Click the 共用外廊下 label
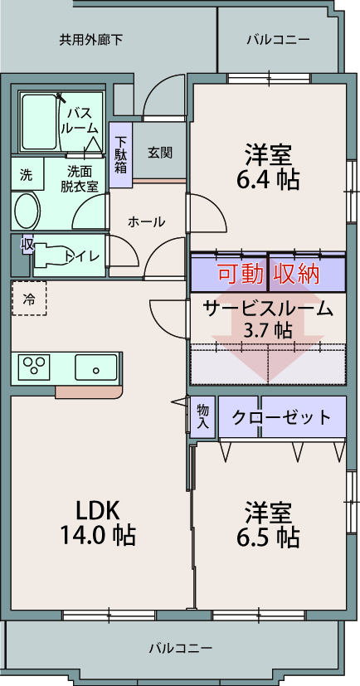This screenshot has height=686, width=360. (x=90, y=41)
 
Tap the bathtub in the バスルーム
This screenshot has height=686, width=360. (x=38, y=122)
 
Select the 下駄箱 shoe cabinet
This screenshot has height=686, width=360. (x=120, y=155)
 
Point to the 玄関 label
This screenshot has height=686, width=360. (x=159, y=153)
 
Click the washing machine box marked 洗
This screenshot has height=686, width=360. (x=27, y=174)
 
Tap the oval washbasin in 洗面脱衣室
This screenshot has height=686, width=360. (x=27, y=210)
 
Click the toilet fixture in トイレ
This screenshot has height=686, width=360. (x=51, y=255)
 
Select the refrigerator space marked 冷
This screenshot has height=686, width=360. (x=29, y=299)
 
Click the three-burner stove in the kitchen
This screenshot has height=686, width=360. (x=34, y=367)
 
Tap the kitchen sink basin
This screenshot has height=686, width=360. (x=96, y=367)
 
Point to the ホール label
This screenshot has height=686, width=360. (x=147, y=221)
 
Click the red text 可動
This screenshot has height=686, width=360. (x=241, y=275)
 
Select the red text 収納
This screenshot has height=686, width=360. (x=297, y=275)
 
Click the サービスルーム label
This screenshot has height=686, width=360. (x=268, y=309)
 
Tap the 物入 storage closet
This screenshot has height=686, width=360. (x=202, y=416)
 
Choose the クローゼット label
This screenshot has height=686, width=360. (x=281, y=417)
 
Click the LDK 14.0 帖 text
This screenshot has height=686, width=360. (x=98, y=523)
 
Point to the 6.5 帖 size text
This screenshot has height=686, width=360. (x=268, y=538)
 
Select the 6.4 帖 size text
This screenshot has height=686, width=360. (x=268, y=179)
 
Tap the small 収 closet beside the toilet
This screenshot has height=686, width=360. (x=27, y=245)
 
